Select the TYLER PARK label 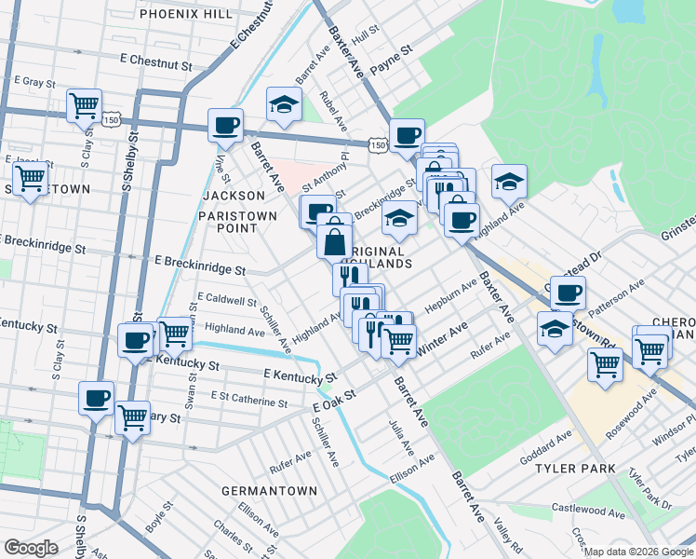pyautogui.click(x=569, y=468)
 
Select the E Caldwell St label pyautogui.click(x=226, y=301)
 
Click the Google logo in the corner pyautogui.click(x=31, y=548)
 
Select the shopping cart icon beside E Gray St pyautogui.click(x=85, y=105)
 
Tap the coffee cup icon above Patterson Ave pyautogui.click(x=567, y=293)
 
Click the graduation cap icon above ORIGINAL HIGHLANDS pyautogui.click(x=400, y=218)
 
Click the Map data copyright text pyautogui.click(x=638, y=551)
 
